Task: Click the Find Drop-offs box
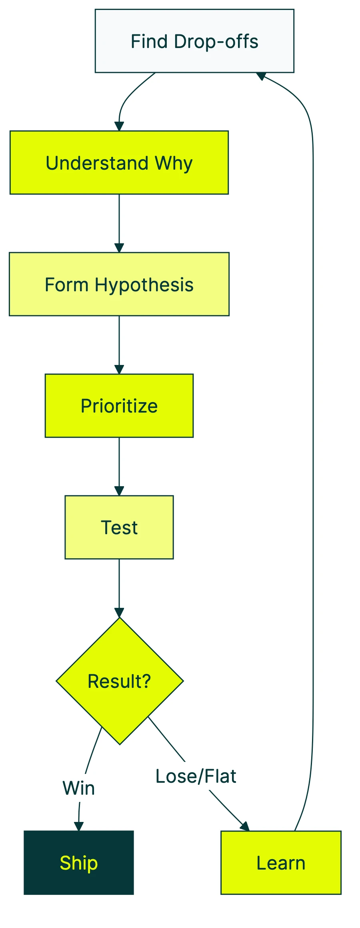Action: click(194, 41)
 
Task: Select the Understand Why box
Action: click(119, 162)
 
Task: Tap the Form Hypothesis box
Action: click(119, 284)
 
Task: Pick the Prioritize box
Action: click(119, 406)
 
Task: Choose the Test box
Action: click(119, 527)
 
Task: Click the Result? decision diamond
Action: click(120, 681)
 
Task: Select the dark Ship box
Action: click(79, 863)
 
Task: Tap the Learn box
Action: click(281, 863)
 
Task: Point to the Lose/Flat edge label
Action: click(196, 776)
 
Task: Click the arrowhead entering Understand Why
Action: click(119, 126)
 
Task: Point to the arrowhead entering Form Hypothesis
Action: click(119, 248)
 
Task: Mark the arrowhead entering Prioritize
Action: click(119, 369)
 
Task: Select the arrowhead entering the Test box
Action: click(119, 491)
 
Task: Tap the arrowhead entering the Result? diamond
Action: click(119, 613)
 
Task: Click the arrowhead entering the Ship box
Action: click(79, 826)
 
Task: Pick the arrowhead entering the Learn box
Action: click(245, 826)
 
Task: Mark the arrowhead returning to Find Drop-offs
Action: click(261, 76)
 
